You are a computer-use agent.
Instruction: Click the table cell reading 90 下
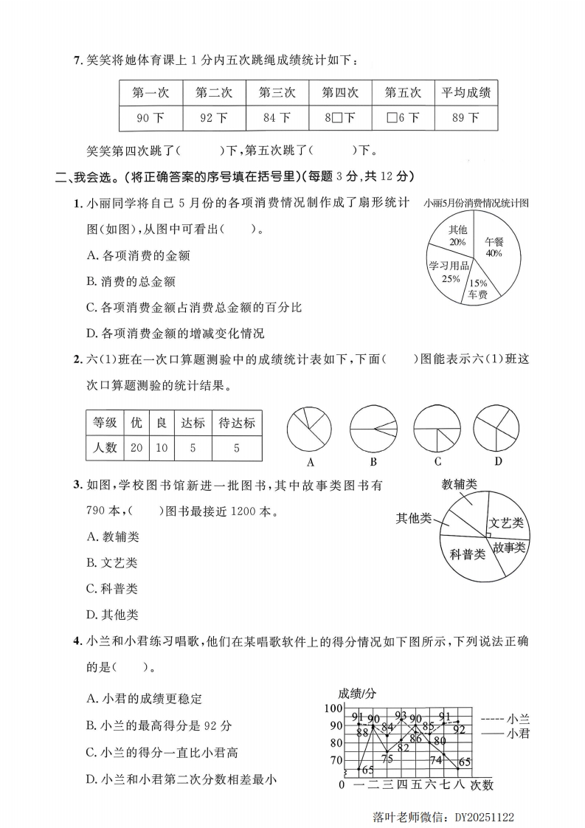click(x=150, y=117)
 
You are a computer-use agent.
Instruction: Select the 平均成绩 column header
click(x=465, y=93)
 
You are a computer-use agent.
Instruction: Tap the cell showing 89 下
click(x=465, y=117)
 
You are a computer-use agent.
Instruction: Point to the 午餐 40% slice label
click(x=494, y=247)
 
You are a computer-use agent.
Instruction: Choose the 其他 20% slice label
click(x=457, y=235)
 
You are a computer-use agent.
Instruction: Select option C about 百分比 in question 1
click(x=194, y=307)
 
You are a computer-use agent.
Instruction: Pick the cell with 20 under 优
click(x=136, y=448)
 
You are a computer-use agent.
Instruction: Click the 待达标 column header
click(x=237, y=423)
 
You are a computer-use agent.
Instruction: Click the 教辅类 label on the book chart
click(x=459, y=484)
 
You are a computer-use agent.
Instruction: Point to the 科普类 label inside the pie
click(x=468, y=553)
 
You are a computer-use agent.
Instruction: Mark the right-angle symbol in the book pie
click(x=489, y=534)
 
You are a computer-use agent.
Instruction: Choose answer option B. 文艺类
click(x=112, y=563)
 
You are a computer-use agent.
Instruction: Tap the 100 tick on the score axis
click(x=333, y=708)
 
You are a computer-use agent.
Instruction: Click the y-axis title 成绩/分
click(x=358, y=693)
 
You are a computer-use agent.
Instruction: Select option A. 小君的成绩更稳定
click(x=144, y=698)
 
